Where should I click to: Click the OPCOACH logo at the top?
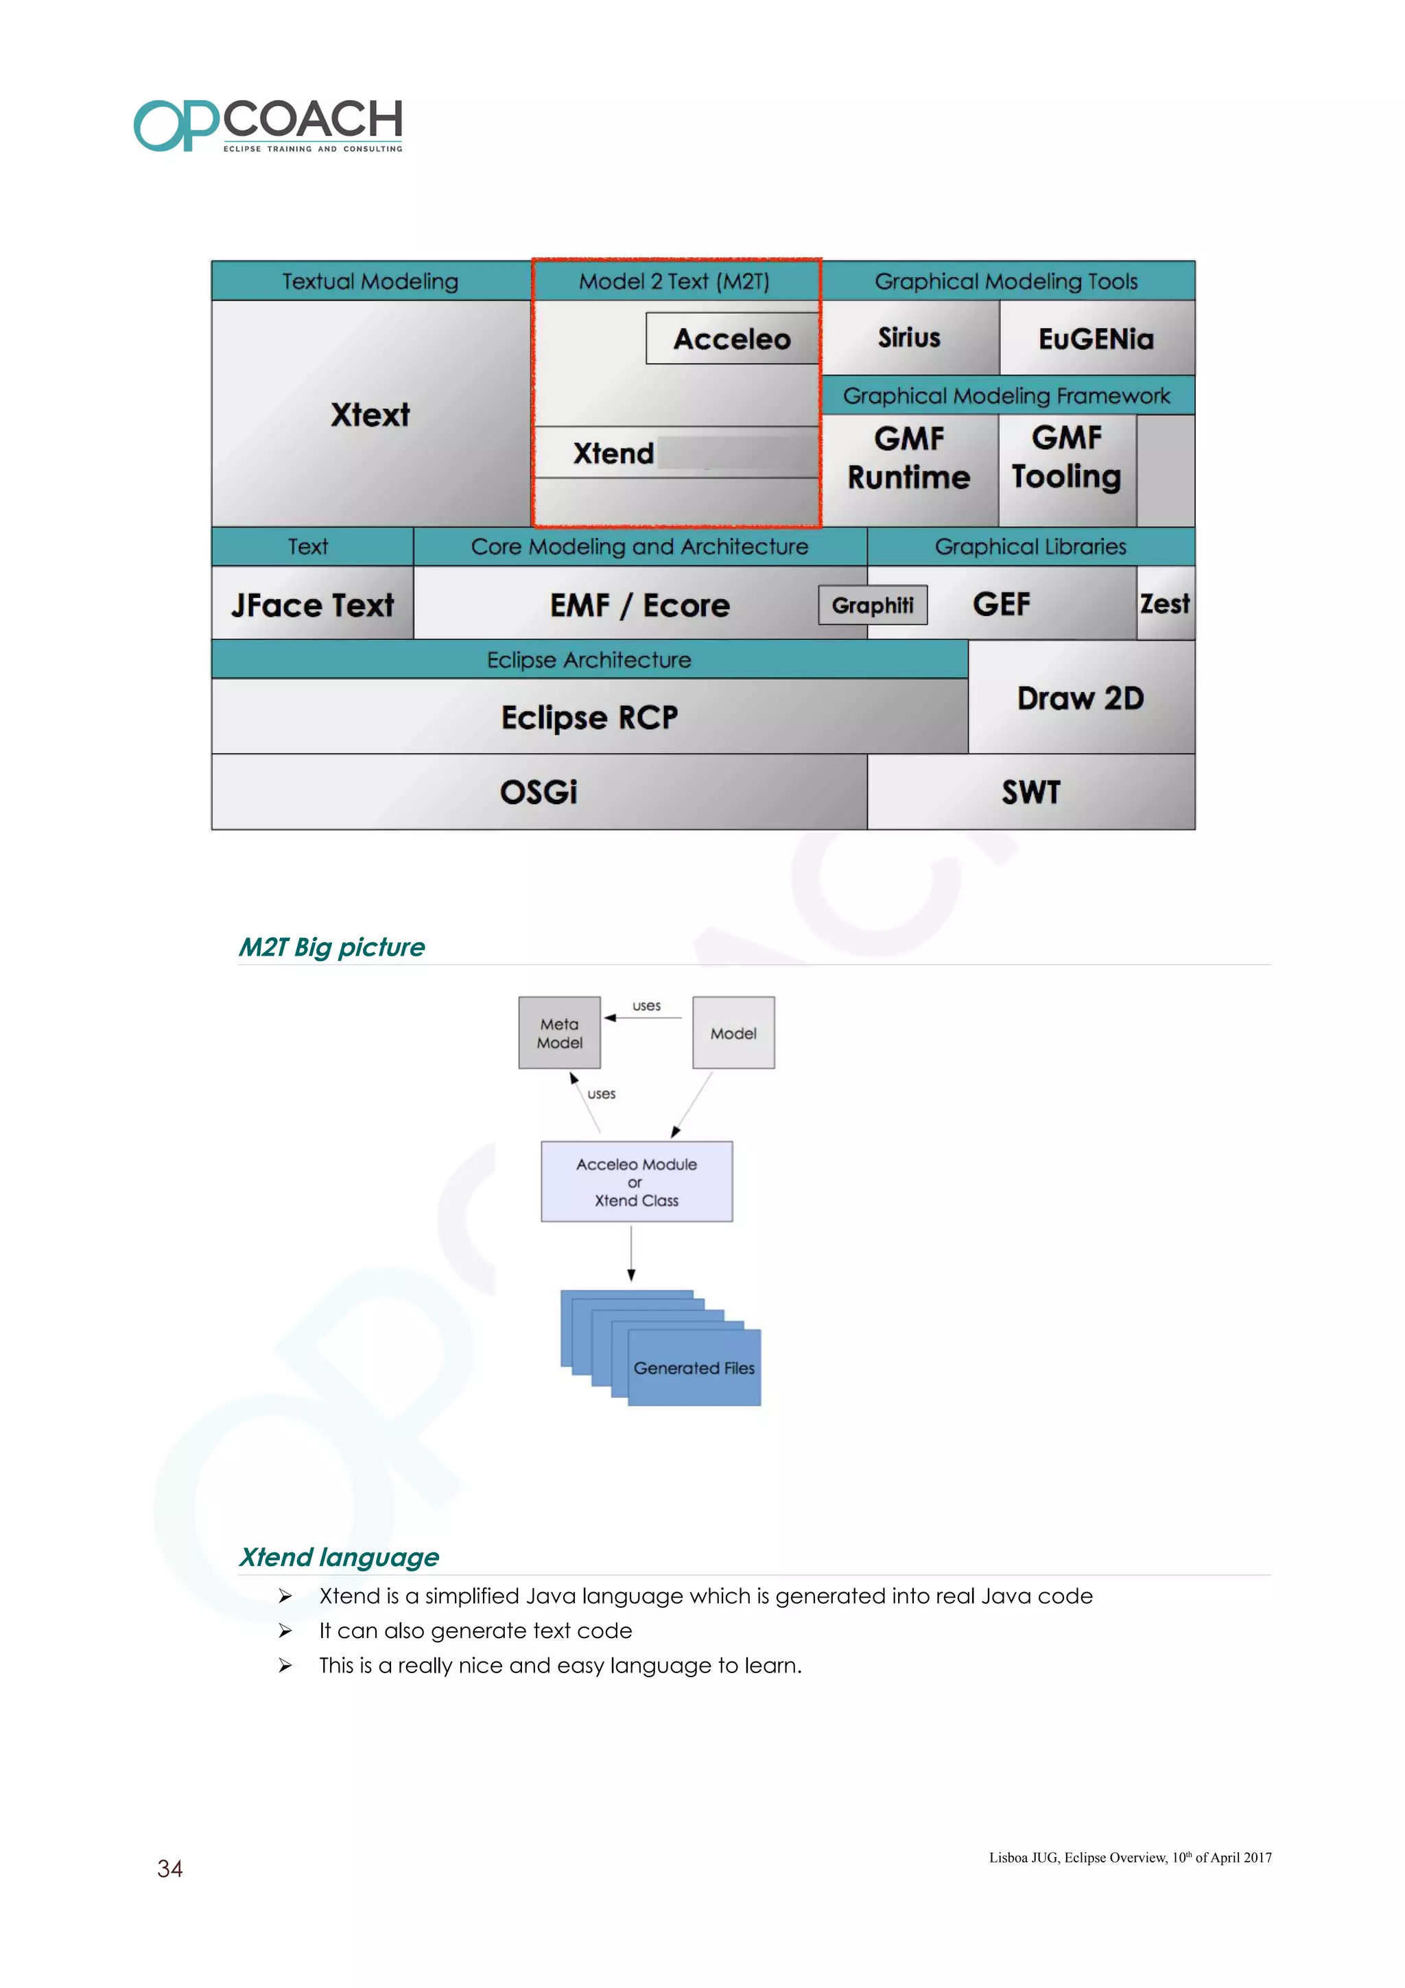click(268, 125)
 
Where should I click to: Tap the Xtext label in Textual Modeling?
click(370, 415)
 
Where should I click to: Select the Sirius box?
click(909, 338)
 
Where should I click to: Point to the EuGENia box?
click(1096, 339)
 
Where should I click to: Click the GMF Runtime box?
click(909, 458)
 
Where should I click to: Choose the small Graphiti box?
click(873, 605)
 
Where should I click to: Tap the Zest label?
click(1164, 604)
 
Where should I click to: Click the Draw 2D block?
click(1081, 698)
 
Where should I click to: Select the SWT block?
click(1030, 792)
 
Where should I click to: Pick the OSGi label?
click(539, 792)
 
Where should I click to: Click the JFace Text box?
click(313, 604)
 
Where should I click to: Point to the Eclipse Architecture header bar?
click(589, 660)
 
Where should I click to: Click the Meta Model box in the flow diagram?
click(559, 1033)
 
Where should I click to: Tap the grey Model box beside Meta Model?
click(733, 1033)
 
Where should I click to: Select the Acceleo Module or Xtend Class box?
click(636, 1182)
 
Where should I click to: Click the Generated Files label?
click(694, 1368)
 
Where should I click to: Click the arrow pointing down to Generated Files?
click(631, 1254)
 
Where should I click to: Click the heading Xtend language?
click(338, 1557)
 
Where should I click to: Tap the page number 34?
click(169, 1869)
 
